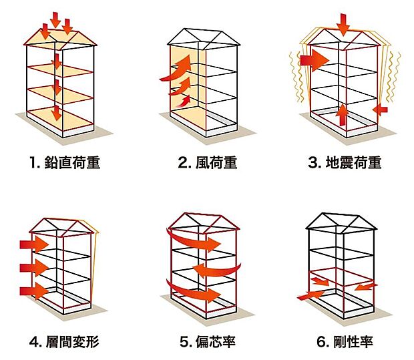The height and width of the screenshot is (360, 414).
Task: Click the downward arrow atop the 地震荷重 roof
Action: point(343,25)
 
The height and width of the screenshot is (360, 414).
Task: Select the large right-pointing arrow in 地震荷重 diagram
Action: point(314,60)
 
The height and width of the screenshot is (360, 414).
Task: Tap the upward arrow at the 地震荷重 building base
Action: point(341,114)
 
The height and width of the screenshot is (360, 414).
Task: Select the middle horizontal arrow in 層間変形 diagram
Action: point(35,267)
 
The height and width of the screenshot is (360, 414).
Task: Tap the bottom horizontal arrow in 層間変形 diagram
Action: point(35,291)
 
